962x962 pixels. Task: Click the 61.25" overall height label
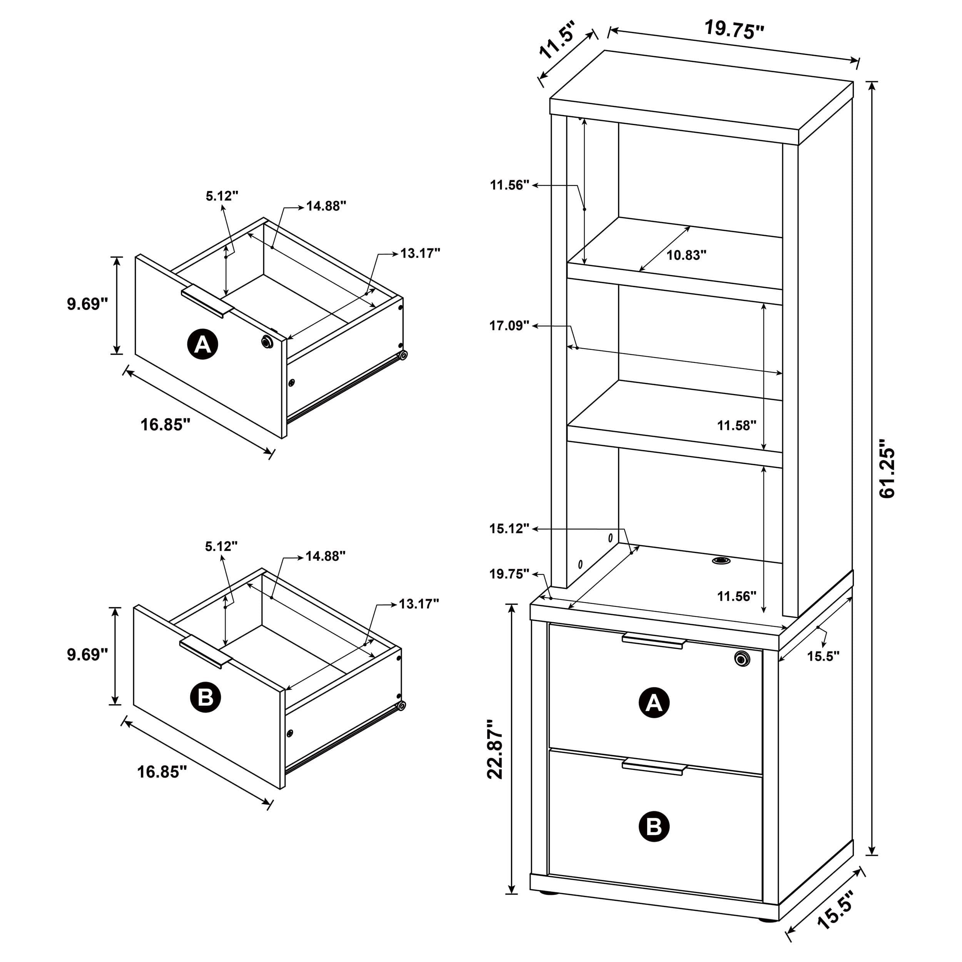tap(887, 468)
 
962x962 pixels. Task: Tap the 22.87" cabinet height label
tap(496, 749)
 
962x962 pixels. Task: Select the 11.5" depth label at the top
tap(557, 40)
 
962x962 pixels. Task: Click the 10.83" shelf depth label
tap(686, 256)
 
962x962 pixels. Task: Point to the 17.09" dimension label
tap(509, 326)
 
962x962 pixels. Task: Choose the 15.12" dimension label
tap(509, 529)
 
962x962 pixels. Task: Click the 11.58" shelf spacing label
tap(737, 425)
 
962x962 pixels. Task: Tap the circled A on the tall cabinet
tap(653, 703)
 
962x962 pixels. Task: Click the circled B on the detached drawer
tap(205, 697)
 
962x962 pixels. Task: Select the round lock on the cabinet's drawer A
tap(742, 658)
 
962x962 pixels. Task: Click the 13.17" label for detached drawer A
tap(420, 254)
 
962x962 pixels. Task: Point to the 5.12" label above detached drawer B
tap(221, 546)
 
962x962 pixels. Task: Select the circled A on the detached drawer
tap(203, 344)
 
